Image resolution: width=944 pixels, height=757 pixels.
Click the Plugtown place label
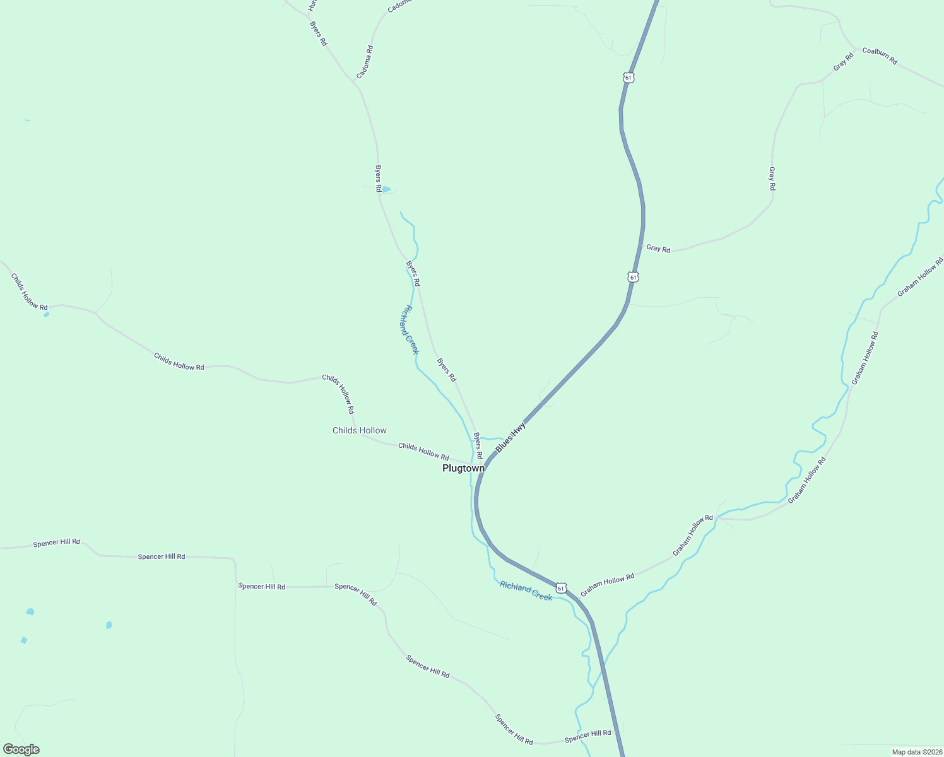click(x=463, y=469)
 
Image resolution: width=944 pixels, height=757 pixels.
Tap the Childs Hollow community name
click(x=360, y=431)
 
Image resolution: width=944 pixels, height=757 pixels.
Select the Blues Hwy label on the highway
click(x=510, y=438)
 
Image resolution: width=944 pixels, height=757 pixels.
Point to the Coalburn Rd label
click(x=880, y=56)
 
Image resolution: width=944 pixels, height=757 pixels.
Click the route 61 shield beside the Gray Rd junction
click(x=633, y=277)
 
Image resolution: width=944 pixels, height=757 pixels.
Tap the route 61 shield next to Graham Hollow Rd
click(x=561, y=588)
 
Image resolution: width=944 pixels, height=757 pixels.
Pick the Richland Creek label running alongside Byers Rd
click(x=409, y=330)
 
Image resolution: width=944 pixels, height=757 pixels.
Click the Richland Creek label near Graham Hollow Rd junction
click(x=526, y=591)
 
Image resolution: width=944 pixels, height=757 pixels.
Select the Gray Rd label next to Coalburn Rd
click(x=843, y=62)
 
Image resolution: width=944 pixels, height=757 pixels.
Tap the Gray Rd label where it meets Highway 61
click(x=658, y=249)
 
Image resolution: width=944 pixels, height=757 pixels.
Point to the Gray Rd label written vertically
click(x=772, y=179)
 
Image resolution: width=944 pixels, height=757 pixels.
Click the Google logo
click(x=21, y=749)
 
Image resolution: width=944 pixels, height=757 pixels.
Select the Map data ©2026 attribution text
click(x=917, y=752)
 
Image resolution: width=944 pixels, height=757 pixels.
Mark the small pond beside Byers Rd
click(x=386, y=189)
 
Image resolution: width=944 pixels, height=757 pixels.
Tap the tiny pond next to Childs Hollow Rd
click(x=46, y=314)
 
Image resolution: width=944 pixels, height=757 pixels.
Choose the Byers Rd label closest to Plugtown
click(x=478, y=445)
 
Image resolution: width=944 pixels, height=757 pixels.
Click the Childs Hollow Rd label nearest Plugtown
click(x=423, y=452)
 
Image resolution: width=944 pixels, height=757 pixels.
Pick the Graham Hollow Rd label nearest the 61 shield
click(x=607, y=585)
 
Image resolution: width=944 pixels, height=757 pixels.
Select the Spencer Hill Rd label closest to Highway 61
click(x=588, y=736)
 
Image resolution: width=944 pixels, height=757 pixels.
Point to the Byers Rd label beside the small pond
click(x=378, y=179)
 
